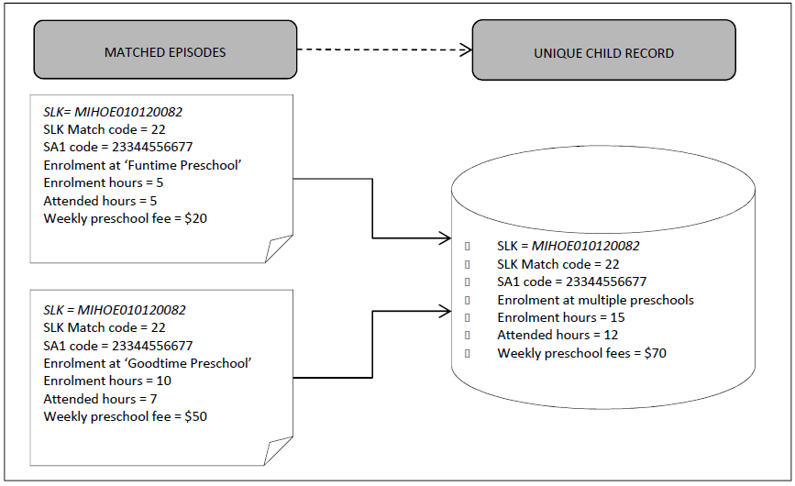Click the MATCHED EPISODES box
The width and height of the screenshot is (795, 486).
click(x=165, y=51)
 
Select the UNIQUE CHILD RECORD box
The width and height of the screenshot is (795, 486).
click(x=603, y=53)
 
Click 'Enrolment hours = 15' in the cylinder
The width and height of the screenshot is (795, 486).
click(x=560, y=317)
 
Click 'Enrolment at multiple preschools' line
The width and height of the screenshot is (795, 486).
click(x=595, y=300)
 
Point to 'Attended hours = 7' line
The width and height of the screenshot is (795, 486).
click(x=100, y=398)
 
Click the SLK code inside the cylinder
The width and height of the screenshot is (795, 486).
click(x=586, y=246)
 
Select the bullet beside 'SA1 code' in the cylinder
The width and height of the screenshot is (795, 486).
click(x=468, y=282)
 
